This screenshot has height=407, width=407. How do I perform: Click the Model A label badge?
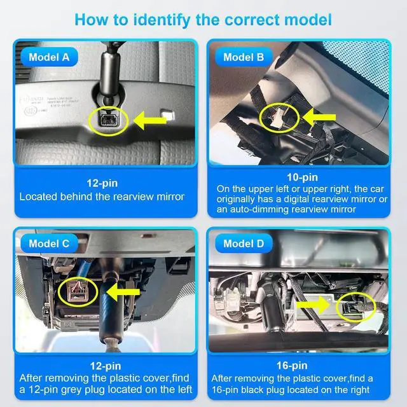(x=50, y=57)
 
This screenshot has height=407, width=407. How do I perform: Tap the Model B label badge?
(x=244, y=57)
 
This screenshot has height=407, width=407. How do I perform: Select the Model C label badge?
(x=50, y=244)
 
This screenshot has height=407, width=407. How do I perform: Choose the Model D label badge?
(x=244, y=244)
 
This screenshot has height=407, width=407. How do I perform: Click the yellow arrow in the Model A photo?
(x=150, y=120)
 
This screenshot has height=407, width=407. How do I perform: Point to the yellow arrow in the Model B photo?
(x=319, y=117)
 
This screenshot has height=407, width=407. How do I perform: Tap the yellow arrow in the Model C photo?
(x=123, y=292)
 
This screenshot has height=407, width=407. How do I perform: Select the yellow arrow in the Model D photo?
(x=313, y=305)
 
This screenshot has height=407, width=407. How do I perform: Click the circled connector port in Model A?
(x=109, y=120)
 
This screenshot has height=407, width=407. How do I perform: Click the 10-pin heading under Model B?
(x=303, y=177)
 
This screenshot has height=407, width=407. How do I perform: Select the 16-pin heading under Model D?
(x=292, y=366)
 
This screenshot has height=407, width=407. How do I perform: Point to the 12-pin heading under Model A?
(x=102, y=183)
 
